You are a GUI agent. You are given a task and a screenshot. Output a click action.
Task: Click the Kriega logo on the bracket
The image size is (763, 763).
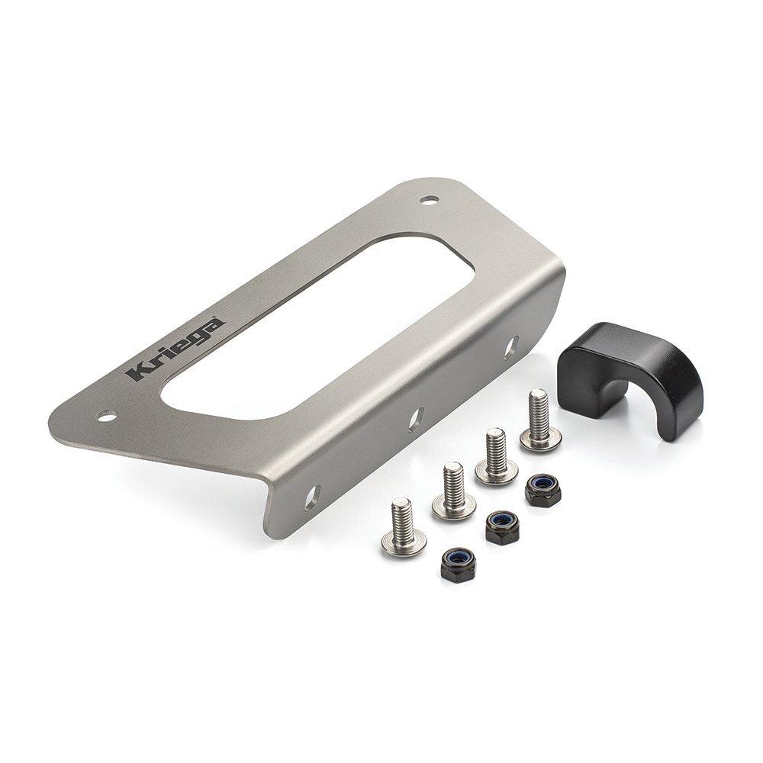[x=176, y=349]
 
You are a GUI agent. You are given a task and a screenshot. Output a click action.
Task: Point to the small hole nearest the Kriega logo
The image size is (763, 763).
[x=106, y=416]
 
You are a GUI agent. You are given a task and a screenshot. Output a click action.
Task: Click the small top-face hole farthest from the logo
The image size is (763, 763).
[x=430, y=200]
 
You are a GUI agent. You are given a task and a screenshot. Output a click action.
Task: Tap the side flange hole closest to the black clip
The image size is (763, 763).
[x=510, y=346]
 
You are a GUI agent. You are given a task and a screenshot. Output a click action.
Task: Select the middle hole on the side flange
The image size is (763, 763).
[x=416, y=418]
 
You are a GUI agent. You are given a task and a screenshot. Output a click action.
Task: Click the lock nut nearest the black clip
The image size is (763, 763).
[x=542, y=491]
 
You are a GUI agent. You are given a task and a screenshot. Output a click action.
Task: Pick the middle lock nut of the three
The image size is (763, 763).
[x=502, y=526]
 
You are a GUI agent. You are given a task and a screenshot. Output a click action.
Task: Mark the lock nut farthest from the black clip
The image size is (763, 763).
[x=458, y=565]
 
